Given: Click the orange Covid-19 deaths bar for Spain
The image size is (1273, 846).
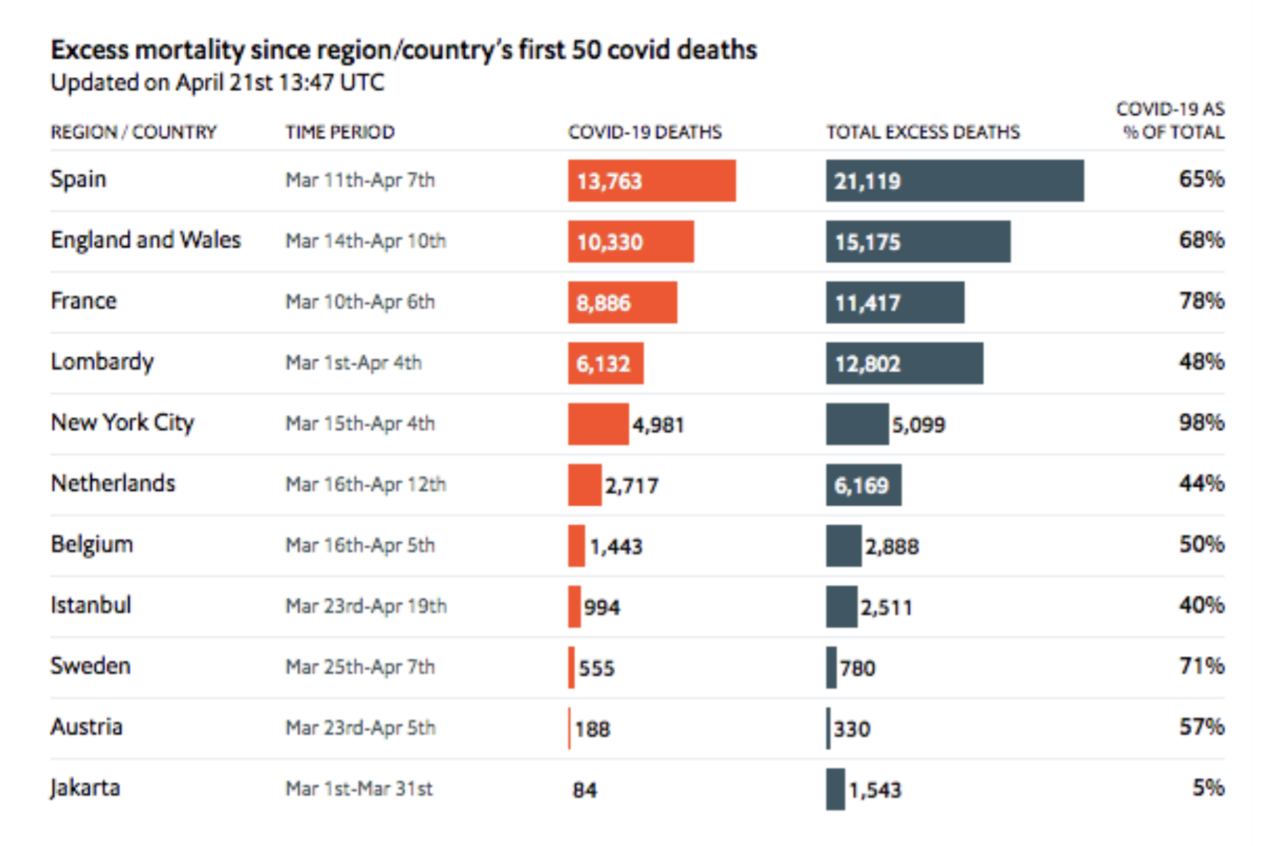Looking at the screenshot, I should (651, 180).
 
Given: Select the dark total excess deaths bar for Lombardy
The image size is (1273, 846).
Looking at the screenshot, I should (904, 363).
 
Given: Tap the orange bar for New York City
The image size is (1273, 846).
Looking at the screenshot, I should (598, 424).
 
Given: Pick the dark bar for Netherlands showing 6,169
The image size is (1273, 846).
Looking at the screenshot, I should (863, 485).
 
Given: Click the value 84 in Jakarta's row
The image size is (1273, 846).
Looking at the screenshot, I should (585, 790).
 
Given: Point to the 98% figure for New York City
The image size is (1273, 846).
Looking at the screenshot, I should (1201, 422).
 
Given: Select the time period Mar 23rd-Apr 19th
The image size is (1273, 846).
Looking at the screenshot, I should (365, 606).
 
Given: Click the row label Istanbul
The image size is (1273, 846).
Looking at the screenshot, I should (91, 605).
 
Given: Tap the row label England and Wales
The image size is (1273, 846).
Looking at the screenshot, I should (145, 240).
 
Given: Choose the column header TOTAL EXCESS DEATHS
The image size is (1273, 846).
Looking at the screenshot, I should (923, 132).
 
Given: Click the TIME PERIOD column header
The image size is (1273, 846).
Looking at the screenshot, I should (339, 132).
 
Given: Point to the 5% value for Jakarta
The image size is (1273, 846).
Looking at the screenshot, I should (1208, 787).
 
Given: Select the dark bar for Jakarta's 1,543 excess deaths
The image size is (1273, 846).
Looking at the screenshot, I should (835, 789).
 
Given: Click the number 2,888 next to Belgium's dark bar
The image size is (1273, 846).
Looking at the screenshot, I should (892, 547).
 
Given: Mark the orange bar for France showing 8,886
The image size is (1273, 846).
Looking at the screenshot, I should (622, 302).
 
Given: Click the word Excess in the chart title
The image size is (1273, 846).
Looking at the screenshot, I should (90, 50).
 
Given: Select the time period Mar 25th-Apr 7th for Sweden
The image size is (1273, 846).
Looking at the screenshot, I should (360, 666).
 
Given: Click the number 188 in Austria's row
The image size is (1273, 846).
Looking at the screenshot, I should (592, 729).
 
